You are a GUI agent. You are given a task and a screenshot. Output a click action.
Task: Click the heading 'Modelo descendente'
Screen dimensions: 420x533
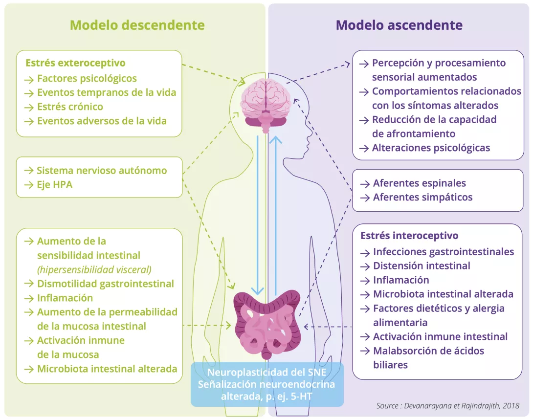pyautogui.click(x=137, y=25)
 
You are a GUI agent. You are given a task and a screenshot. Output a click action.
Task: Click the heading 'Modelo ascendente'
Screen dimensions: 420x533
pyautogui.click(x=399, y=25)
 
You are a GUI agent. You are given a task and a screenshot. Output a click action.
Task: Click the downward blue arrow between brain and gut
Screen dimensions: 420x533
pyautogui.click(x=257, y=215)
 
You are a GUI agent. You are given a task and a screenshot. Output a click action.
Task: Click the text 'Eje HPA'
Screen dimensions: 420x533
pyautogui.click(x=54, y=185)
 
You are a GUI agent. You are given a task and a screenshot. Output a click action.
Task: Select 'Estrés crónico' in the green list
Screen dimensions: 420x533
pyautogui.click(x=70, y=107)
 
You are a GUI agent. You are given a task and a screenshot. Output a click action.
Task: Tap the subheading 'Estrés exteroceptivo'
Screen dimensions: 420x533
pyautogui.click(x=75, y=63)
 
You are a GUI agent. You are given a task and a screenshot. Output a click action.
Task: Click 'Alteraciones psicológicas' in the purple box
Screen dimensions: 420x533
pyautogui.click(x=430, y=148)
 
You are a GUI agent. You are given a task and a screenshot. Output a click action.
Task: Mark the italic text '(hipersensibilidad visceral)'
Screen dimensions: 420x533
pyautogui.click(x=94, y=269)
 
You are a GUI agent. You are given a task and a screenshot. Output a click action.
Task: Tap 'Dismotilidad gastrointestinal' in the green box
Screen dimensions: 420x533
pyautogui.click(x=105, y=284)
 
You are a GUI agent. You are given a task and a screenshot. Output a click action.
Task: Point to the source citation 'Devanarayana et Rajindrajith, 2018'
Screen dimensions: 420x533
pyautogui.click(x=447, y=406)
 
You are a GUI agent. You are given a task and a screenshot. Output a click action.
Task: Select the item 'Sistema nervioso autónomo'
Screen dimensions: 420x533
pyautogui.click(x=102, y=171)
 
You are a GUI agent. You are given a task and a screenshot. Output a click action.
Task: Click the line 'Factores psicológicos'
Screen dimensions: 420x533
pyautogui.click(x=87, y=78)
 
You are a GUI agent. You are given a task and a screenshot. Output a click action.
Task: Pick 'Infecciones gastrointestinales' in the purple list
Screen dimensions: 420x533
pyautogui.click(x=443, y=252)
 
